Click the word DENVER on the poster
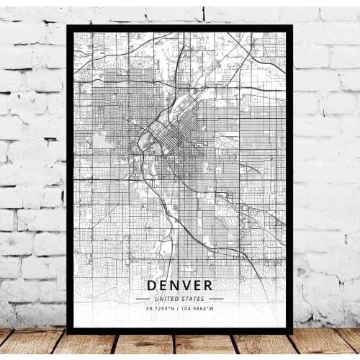coord(180,285)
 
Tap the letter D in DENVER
coord(152,285)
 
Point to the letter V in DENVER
coord(185,285)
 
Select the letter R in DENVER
coord(207,285)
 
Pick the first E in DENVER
coord(163,285)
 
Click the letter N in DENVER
coord(174,285)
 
